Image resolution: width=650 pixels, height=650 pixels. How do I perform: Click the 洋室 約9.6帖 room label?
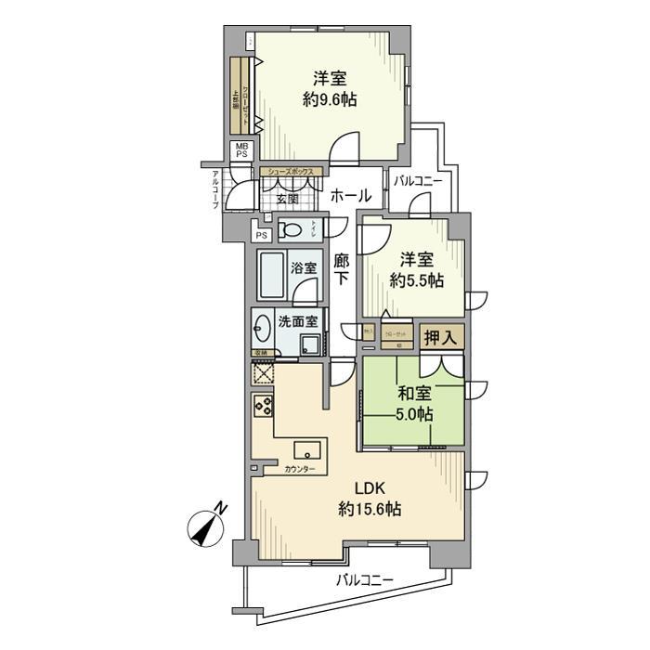point(330,89)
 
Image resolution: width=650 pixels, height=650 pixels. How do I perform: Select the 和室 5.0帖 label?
point(413,404)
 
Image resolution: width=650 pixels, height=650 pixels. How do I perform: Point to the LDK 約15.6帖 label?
point(369,500)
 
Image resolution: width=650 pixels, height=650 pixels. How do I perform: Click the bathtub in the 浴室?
point(271,275)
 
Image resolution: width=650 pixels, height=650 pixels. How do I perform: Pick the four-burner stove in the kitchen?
point(263,406)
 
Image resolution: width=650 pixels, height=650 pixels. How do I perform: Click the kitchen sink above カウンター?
point(307,450)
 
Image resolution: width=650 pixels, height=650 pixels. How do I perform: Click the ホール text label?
point(351,196)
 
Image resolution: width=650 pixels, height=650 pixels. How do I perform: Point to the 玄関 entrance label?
point(288,199)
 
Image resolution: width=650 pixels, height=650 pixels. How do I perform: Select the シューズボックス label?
point(293,172)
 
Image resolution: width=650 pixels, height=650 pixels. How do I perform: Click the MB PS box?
point(240,150)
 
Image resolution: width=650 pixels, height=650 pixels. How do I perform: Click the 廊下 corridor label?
point(342,269)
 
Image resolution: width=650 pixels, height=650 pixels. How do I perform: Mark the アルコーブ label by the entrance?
point(214,190)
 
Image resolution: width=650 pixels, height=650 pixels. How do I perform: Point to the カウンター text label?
point(300,469)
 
